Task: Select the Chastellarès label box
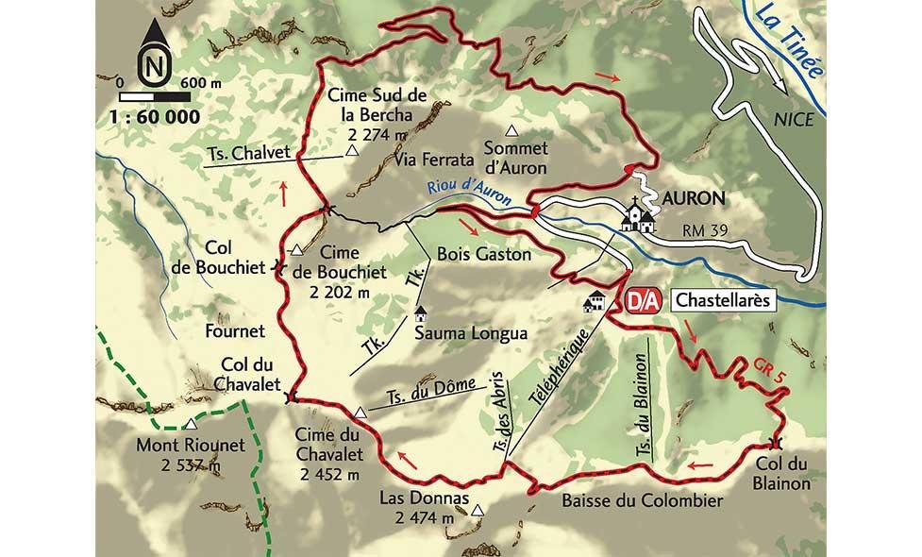[725, 301]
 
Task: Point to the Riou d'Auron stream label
[468, 192]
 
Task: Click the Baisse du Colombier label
[641, 500]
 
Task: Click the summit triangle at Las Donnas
[478, 511]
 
